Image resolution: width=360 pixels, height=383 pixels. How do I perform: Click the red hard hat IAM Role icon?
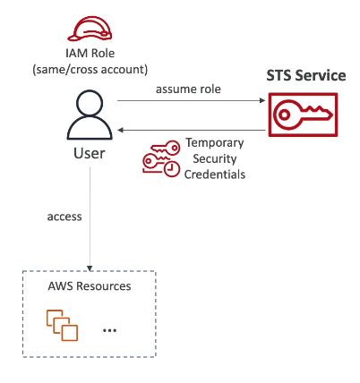pos(90,29)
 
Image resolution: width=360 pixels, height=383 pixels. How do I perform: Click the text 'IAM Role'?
pos(90,54)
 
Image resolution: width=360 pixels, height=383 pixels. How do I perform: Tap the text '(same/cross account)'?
pos(90,70)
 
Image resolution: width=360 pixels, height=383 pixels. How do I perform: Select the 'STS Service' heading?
pos(306,75)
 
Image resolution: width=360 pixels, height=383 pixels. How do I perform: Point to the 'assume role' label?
pos(188,89)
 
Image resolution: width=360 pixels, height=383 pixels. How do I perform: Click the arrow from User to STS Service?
pos(191,100)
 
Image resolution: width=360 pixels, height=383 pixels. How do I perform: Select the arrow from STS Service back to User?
pos(192,130)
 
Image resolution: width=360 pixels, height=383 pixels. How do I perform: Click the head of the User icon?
pos(90,103)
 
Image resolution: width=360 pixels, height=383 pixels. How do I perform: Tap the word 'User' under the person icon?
pos(90,153)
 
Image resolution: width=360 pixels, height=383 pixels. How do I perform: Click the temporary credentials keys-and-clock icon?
pos(161,158)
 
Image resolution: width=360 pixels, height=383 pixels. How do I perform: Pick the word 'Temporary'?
pos(215,143)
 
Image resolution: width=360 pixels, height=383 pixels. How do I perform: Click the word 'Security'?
pos(215,158)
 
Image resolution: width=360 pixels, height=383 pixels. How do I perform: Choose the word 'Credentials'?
pos(215,174)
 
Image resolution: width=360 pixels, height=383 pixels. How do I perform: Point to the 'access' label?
pos(64,217)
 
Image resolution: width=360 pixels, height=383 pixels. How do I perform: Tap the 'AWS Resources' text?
pos(90,286)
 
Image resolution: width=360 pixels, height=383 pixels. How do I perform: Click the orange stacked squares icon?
pos(62,326)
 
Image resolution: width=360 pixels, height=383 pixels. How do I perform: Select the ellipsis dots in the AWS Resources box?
pos(109,330)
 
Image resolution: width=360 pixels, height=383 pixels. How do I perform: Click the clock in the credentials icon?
pos(171,169)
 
